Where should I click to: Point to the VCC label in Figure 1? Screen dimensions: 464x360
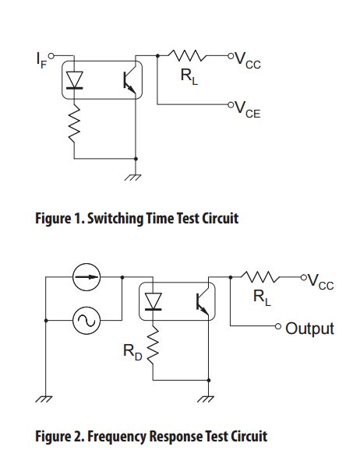[x=247, y=60]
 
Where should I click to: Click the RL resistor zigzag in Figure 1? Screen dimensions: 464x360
[x=187, y=56]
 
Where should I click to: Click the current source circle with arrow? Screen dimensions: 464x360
[x=86, y=277]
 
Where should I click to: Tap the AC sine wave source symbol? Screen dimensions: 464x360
[x=86, y=319]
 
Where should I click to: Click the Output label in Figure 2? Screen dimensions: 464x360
[x=309, y=329]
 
